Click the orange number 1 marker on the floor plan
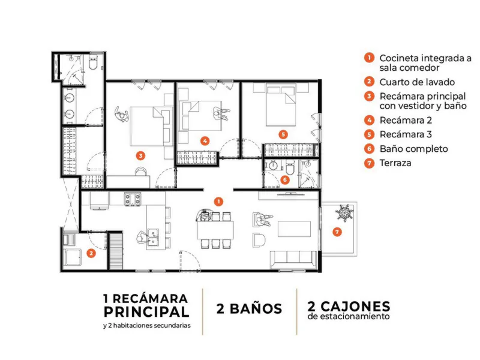tap(218, 202)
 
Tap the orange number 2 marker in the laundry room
tap(91, 253)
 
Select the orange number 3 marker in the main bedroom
tap(140, 155)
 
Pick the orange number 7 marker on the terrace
tap(337, 232)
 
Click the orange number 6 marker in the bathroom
tap(285, 179)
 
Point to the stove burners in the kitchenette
tap(133, 199)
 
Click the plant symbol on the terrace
tap(344, 213)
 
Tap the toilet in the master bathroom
tap(93, 62)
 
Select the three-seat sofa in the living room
tap(293, 260)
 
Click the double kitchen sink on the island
tap(153, 238)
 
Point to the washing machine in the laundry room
tap(73, 257)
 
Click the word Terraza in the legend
tap(395, 163)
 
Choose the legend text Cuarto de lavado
tap(417, 82)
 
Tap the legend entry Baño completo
tap(413, 149)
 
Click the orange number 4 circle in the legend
tap(369, 120)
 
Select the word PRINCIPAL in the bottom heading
tap(146, 312)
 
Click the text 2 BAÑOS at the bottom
tap(249, 309)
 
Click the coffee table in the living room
tap(294, 229)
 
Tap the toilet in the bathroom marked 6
tap(290, 169)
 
